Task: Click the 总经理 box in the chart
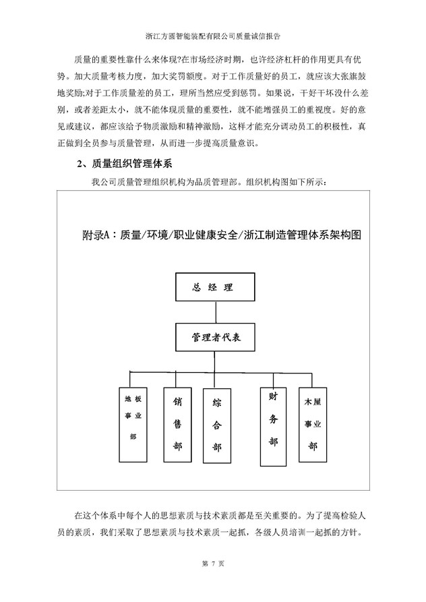[214, 287]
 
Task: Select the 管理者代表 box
[216, 337]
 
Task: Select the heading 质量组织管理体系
[142, 164]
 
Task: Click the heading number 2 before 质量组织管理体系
[80, 164]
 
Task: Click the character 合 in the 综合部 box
[217, 426]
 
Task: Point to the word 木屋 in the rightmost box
[313, 402]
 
